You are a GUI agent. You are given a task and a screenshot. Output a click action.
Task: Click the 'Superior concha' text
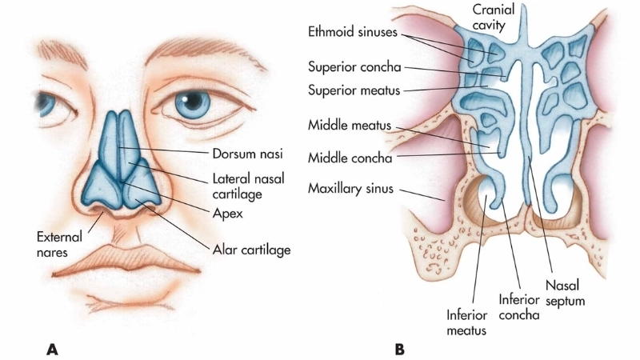355,66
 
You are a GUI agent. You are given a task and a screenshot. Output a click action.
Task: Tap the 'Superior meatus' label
355,87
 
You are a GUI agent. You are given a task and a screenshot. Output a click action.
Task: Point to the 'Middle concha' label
350,158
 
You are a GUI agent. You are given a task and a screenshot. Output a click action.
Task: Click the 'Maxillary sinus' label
351,190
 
